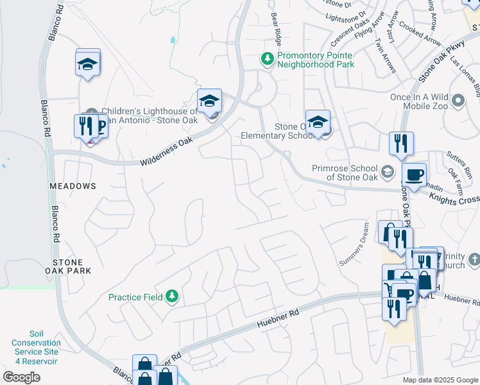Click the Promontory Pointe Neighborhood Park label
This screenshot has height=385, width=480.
[x=315, y=60]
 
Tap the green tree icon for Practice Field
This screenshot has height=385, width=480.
[x=171, y=296]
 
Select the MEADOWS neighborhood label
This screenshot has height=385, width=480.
[x=73, y=186]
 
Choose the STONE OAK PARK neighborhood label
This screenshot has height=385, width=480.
[x=72, y=266]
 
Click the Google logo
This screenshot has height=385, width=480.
[x=22, y=377]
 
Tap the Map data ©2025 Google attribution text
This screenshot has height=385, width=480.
[x=440, y=380]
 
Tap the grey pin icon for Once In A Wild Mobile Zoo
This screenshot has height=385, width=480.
[x=458, y=101]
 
